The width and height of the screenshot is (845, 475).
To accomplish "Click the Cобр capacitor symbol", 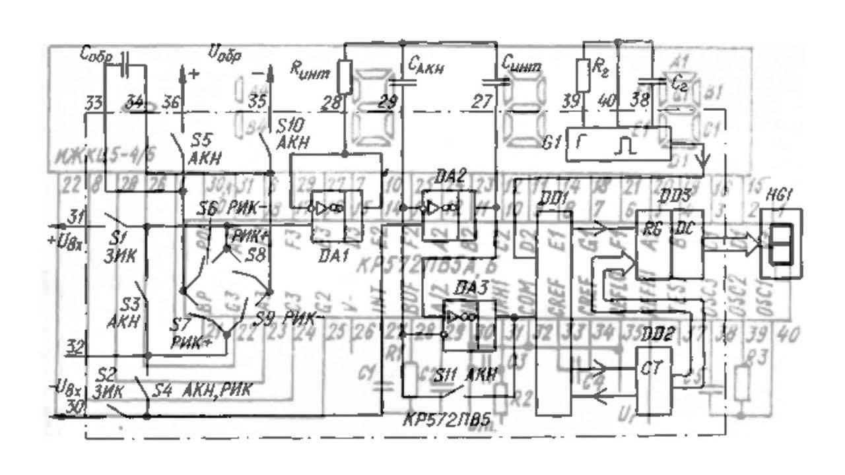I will coord(126,66).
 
